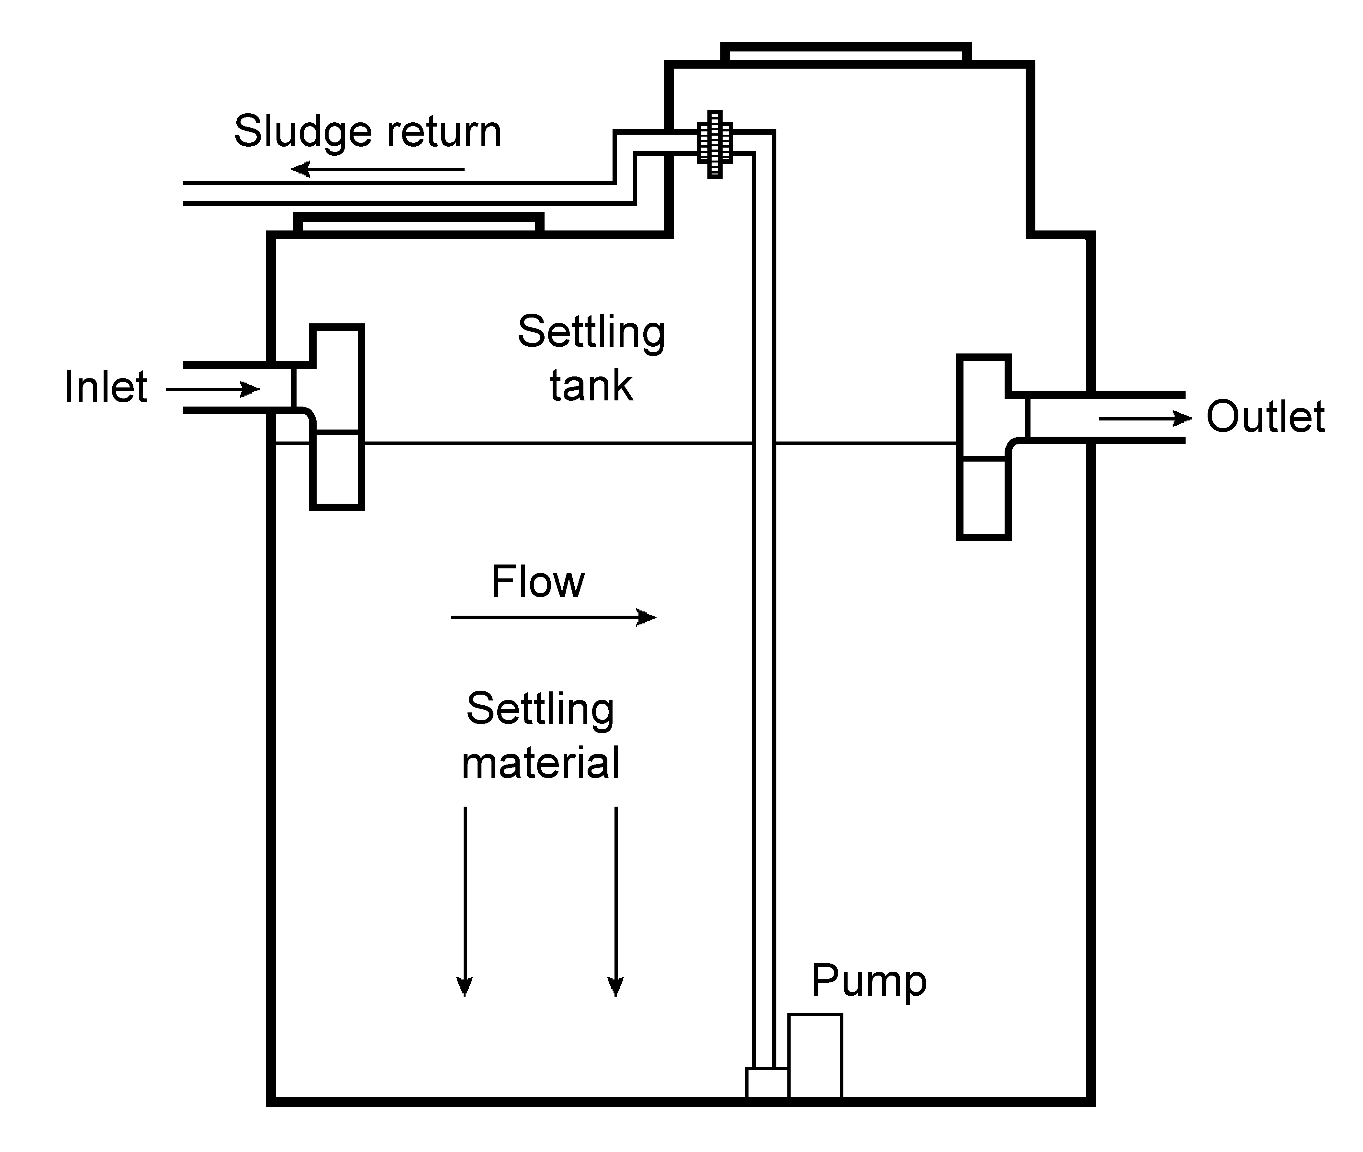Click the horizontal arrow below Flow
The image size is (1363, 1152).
[553, 617]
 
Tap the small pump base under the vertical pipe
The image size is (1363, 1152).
[767, 1082]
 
